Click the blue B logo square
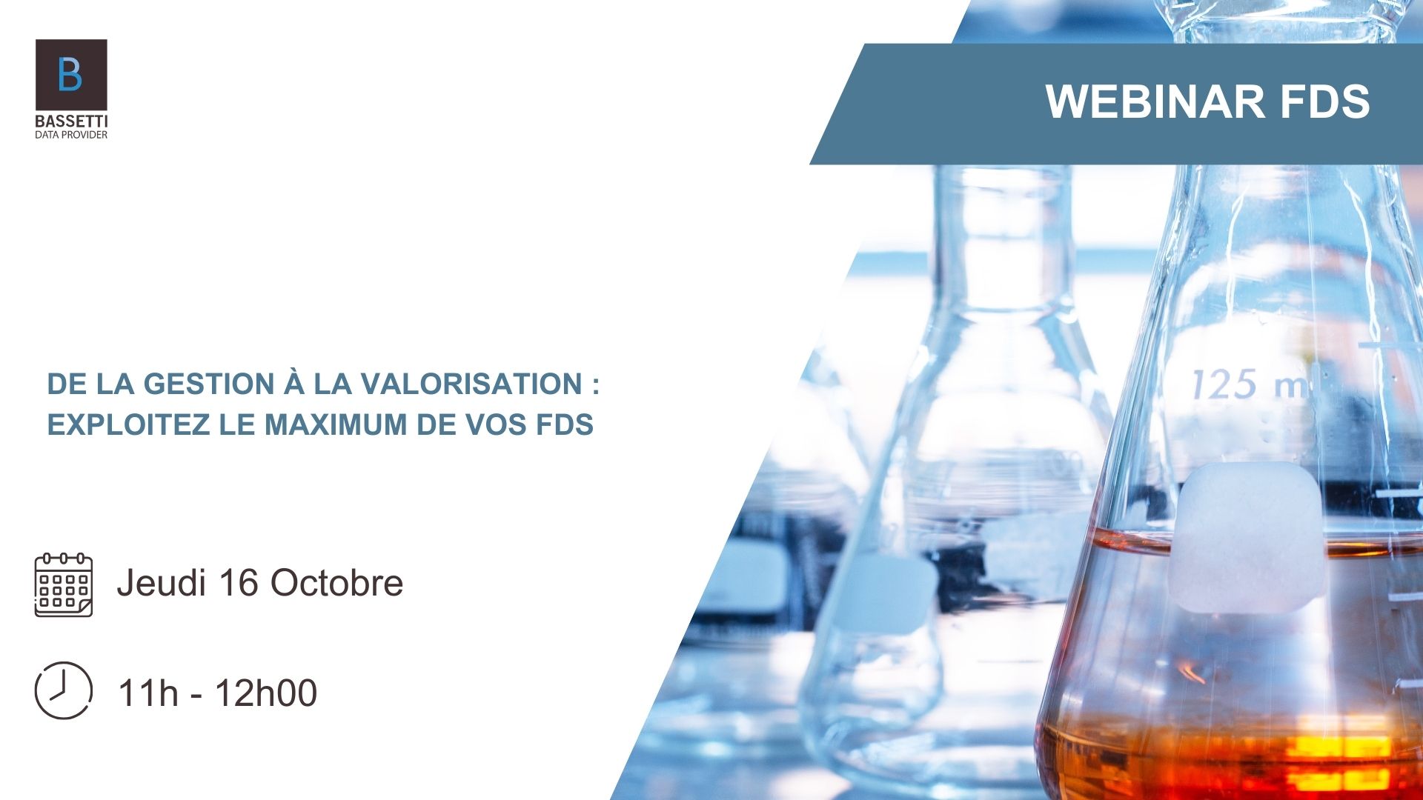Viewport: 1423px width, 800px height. click(x=71, y=75)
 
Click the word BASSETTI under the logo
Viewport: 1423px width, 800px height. click(x=71, y=121)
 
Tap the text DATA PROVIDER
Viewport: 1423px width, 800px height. click(x=71, y=135)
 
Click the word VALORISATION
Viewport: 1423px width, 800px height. click(x=471, y=384)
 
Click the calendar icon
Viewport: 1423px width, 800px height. click(x=64, y=584)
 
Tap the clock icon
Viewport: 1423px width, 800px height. click(x=64, y=690)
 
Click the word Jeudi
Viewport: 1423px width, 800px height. click(x=161, y=582)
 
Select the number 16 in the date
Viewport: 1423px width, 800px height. click(x=238, y=582)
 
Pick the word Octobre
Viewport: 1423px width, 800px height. click(x=336, y=582)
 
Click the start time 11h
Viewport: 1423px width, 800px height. click(x=148, y=693)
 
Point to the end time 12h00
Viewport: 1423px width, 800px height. click(x=266, y=693)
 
